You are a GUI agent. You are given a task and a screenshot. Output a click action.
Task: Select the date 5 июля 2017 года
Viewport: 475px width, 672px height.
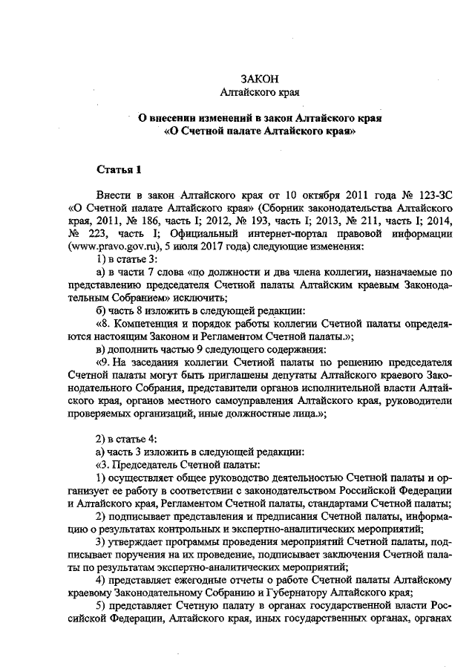click(201, 246)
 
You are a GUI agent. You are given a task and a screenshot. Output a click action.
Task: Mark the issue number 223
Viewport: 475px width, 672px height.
click(102, 233)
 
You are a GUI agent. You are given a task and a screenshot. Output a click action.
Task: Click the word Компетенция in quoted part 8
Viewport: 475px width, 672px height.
click(147, 324)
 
